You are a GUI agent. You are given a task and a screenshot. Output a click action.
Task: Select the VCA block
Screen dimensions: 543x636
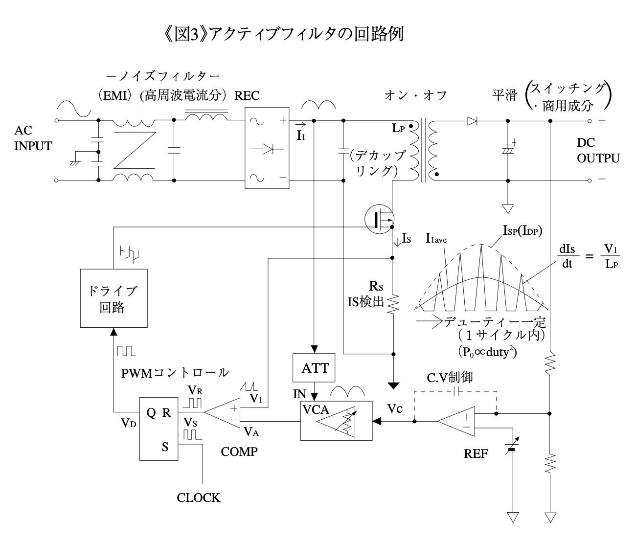tap(336, 421)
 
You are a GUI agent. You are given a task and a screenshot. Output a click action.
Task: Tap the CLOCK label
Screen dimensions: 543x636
tap(198, 498)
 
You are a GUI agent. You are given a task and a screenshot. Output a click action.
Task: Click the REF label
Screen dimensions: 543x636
tap(476, 454)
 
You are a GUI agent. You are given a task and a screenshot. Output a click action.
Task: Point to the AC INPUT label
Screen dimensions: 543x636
tap(33, 139)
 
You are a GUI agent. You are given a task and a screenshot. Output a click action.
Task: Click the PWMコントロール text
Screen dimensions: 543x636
tap(175, 373)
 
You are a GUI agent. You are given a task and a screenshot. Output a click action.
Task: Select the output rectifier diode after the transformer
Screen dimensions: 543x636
tap(472, 121)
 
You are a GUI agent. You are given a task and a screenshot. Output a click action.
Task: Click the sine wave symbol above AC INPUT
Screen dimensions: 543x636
tap(74, 109)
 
